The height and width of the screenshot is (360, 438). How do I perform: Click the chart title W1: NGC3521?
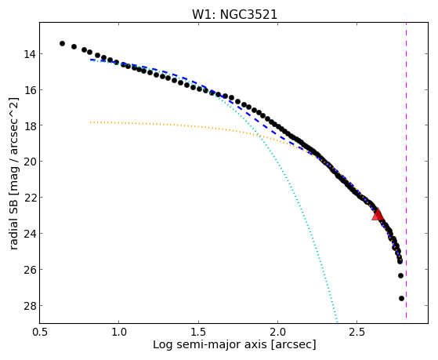[x=234, y=15]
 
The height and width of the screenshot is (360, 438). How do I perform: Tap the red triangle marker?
[x=378, y=215]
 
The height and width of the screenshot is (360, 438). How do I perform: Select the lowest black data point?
[x=401, y=299]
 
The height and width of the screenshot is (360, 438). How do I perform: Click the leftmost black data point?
[x=62, y=43]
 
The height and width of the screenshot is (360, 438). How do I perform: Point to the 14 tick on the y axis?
[x=29, y=54]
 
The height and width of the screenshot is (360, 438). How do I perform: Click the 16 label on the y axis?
[x=29, y=90]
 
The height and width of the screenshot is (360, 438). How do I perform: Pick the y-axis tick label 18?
[x=29, y=125]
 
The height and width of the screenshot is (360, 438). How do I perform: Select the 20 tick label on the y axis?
[x=29, y=162]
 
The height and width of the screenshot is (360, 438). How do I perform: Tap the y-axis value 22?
[x=29, y=198]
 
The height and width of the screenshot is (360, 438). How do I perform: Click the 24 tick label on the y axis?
[x=29, y=234]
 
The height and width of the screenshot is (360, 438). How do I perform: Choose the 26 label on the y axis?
[x=29, y=270]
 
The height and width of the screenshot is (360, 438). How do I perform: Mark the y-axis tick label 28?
[x=29, y=306]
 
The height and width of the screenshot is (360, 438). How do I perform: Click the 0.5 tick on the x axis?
[x=40, y=332]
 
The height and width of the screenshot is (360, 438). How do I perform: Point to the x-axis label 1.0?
[x=119, y=332]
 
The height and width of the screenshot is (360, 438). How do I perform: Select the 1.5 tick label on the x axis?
[x=198, y=332]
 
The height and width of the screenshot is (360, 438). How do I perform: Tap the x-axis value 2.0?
[x=277, y=332]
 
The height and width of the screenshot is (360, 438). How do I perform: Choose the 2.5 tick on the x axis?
[x=357, y=332]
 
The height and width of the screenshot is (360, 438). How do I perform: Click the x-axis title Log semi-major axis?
[x=210, y=344]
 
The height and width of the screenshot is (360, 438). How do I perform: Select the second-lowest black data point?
[x=400, y=275]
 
